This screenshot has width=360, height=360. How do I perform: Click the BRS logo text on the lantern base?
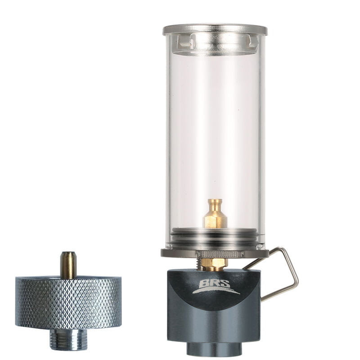tap(215, 283)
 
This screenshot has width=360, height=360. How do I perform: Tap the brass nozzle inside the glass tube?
tap(215, 214)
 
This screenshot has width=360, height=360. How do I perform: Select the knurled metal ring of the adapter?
tap(68, 302)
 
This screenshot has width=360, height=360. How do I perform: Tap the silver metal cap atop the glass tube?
tap(215, 29)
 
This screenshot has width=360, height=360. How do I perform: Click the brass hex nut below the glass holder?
tap(214, 264)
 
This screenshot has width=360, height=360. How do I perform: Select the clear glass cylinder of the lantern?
tap(215, 138)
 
